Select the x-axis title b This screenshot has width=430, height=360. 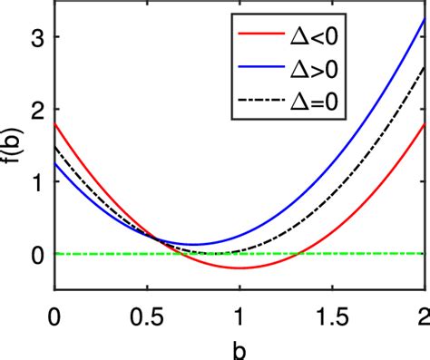coord(239,348)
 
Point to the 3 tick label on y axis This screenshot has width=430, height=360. coord(37,37)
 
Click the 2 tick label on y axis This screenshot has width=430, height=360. coord(37,110)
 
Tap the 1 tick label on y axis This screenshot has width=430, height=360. coord(37,181)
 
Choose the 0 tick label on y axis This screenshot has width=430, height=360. coord(37,254)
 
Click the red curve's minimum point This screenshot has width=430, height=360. coord(240,268)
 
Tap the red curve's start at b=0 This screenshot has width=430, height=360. coord(55,124)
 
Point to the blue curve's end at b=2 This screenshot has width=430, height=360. coord(425,19)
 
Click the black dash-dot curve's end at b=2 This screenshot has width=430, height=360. coord(425,66)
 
